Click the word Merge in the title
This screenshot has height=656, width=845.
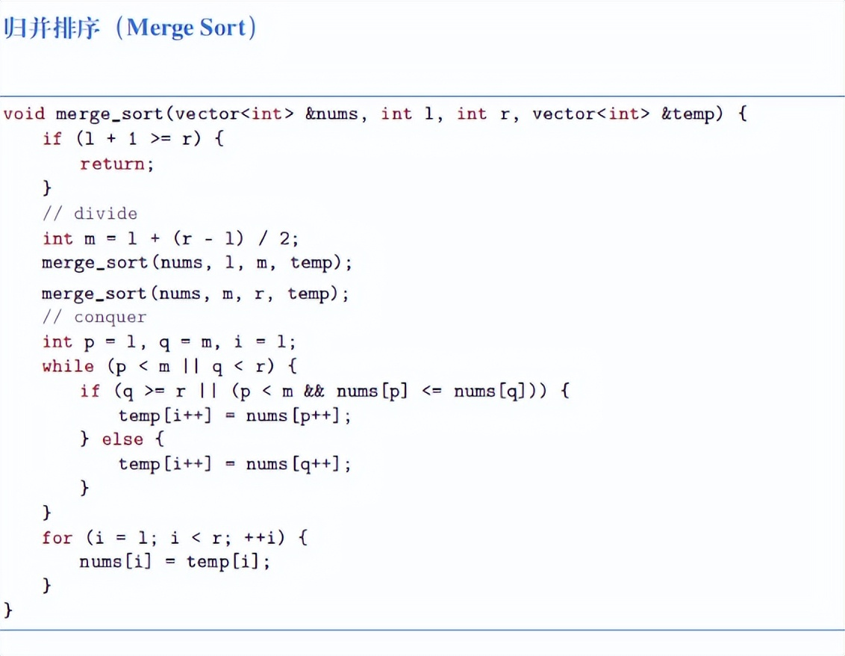(159, 28)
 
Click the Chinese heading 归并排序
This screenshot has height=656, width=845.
(52, 28)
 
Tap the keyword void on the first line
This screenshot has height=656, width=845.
(23, 114)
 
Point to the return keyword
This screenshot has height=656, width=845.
(113, 164)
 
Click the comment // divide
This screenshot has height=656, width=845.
(90, 214)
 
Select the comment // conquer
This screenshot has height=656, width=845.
(94, 317)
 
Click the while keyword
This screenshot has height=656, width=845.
(68, 366)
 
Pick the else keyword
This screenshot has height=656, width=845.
(122, 439)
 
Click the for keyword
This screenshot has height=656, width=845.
(57, 538)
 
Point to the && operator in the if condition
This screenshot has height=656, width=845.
(314, 391)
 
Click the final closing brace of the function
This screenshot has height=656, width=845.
(9, 610)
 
